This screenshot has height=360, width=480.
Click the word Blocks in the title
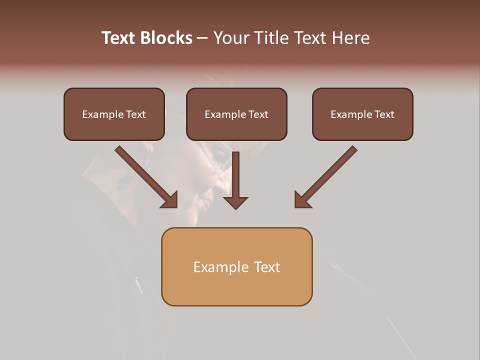[x=167, y=38]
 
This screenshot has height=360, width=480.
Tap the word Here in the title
[x=350, y=38]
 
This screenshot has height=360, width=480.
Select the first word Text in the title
[x=119, y=38]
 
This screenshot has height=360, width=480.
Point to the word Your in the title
[x=230, y=38]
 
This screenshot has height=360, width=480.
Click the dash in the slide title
[x=202, y=38]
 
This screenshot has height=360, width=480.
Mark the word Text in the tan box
[x=267, y=267]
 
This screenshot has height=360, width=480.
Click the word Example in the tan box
[x=220, y=267]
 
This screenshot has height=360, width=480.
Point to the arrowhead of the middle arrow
[x=235, y=202]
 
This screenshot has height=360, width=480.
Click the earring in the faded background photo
[x=148, y=162]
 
